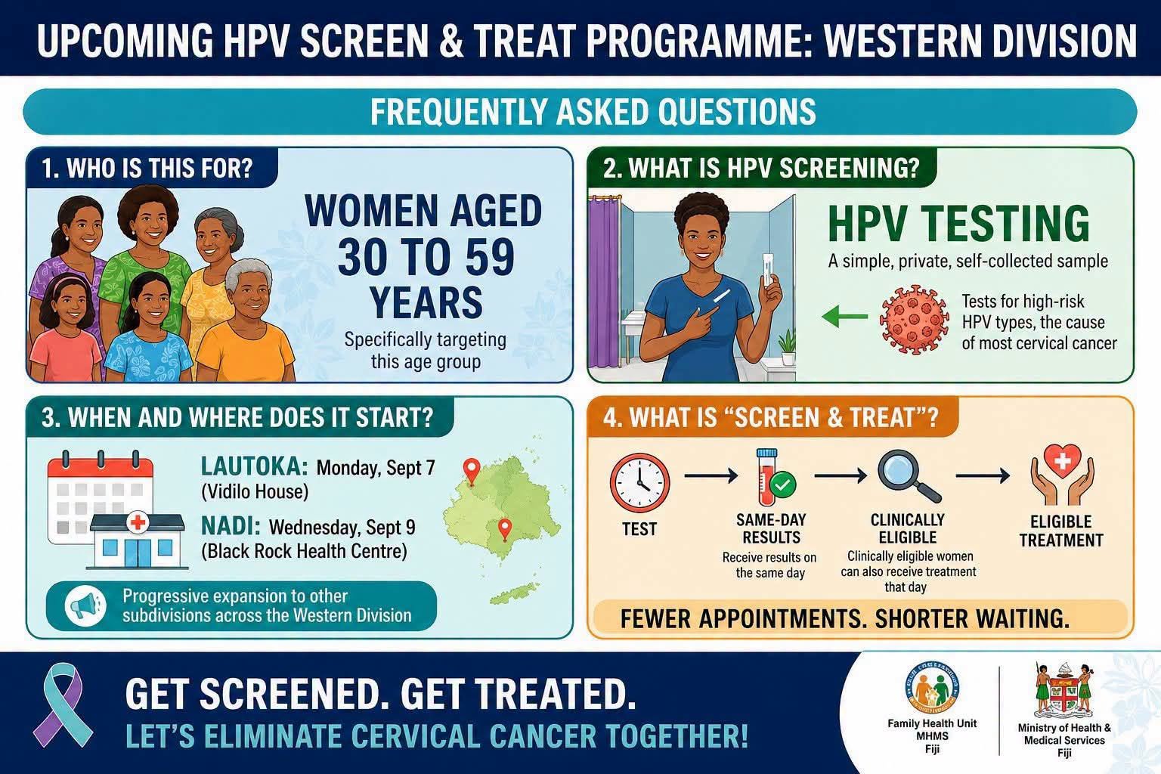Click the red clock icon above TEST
pyautogui.click(x=639, y=483)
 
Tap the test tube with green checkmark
pyautogui.click(x=772, y=478)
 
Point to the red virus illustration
pyautogui.click(x=915, y=319)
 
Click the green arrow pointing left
pyautogui.click(x=845, y=316)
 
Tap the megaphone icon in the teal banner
pyautogui.click(x=85, y=605)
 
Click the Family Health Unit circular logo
pyautogui.click(x=932, y=687)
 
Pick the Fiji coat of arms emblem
pyautogui.click(x=1064, y=690)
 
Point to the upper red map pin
pyautogui.click(x=471, y=471)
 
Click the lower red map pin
pyautogui.click(x=504, y=531)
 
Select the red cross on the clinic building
pyautogui.click(x=138, y=522)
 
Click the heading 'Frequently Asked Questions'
pyautogui.click(x=593, y=112)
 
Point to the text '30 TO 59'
pyautogui.click(x=426, y=257)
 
